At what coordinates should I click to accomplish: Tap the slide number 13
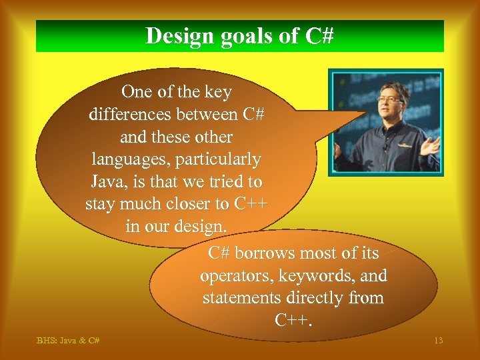click(x=438, y=341)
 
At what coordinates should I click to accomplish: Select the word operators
click(x=235, y=275)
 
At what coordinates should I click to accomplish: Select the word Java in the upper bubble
click(x=107, y=181)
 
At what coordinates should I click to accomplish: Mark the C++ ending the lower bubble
click(x=293, y=320)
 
